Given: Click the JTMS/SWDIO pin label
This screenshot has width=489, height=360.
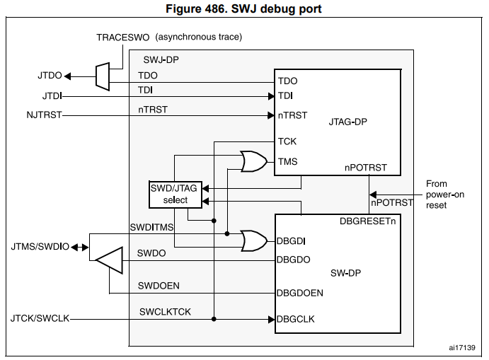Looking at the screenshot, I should pos(40,248).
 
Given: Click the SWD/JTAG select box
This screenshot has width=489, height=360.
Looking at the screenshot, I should pos(174,194).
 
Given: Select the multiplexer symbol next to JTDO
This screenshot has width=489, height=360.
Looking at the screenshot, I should pos(102,76).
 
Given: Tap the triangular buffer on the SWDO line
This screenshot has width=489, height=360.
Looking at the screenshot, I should pos(109,261).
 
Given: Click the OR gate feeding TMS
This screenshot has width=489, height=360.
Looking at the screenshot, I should pos(253,162).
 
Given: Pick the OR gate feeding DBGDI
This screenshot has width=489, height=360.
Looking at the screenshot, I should pos(253,240).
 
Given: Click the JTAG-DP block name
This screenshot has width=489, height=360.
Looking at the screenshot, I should pos(347,121).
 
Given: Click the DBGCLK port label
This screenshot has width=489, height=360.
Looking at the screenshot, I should pos(296,319).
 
